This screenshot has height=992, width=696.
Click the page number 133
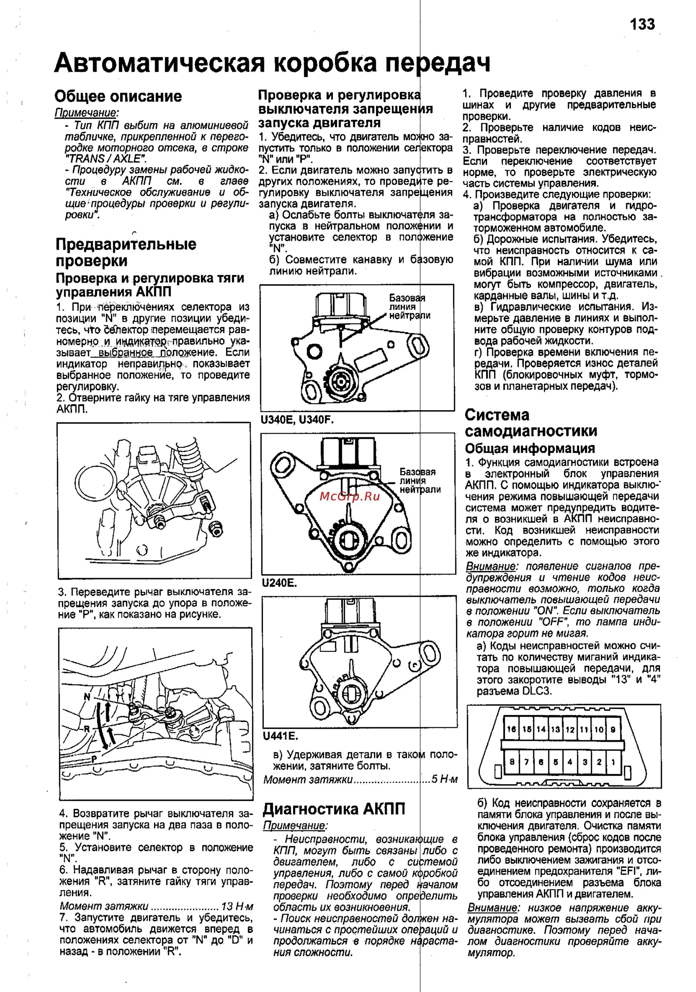pos(642,24)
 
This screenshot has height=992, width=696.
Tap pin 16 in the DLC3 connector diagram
pos(511,729)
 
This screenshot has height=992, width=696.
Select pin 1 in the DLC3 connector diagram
pos(613,762)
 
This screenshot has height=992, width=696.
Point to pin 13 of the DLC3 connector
pos(555,729)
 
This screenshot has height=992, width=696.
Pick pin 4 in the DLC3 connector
pos(570,762)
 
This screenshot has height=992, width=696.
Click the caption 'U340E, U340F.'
pos(297,420)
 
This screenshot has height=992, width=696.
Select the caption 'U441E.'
pos(281,736)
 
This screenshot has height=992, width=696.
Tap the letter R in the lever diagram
pos(86,729)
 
